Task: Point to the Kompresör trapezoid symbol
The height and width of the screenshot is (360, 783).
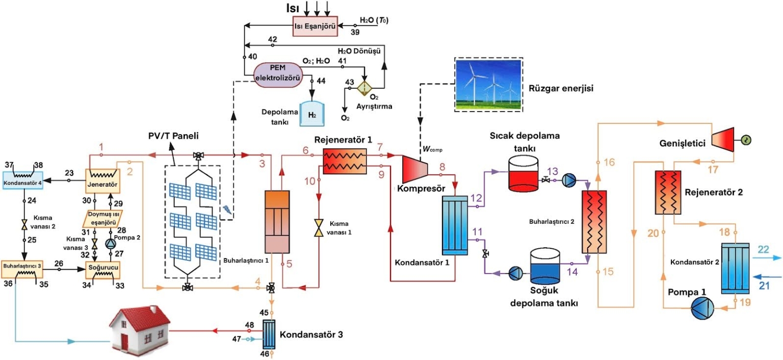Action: [x=415, y=168]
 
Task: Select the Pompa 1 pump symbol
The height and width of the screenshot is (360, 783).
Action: [x=702, y=308]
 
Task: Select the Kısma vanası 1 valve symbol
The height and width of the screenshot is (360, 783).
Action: [x=319, y=227]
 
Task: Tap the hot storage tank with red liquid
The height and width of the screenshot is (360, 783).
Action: [x=524, y=173]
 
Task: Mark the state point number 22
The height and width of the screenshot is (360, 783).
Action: [x=763, y=249]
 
